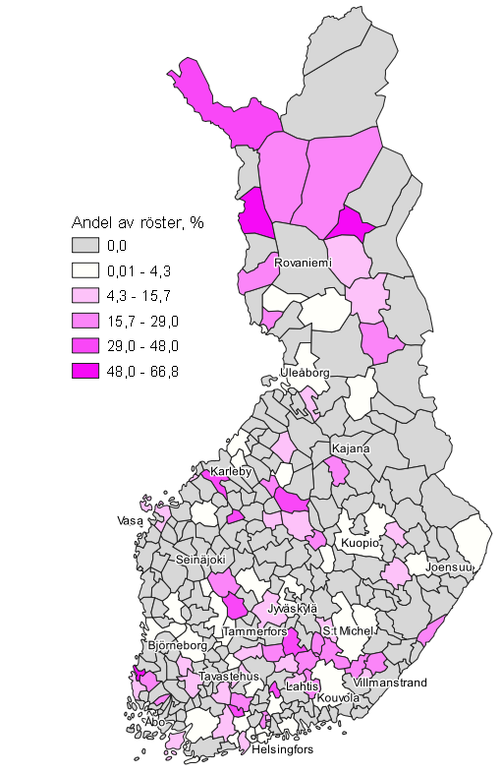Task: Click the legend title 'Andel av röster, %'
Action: tap(137, 221)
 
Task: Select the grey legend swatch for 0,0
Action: tap(85, 244)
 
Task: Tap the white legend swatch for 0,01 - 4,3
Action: tap(85, 269)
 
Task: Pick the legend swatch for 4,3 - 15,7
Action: tap(85, 295)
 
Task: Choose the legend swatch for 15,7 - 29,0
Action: tap(85, 321)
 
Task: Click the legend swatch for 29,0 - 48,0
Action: tap(85, 345)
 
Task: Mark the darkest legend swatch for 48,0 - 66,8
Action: tap(85, 371)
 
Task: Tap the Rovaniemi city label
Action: tap(303, 265)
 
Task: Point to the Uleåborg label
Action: tap(305, 374)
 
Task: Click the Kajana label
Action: tap(351, 449)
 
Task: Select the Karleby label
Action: tap(232, 472)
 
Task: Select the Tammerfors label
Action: tap(254, 631)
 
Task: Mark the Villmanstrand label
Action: tap(390, 682)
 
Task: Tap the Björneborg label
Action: tap(178, 646)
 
